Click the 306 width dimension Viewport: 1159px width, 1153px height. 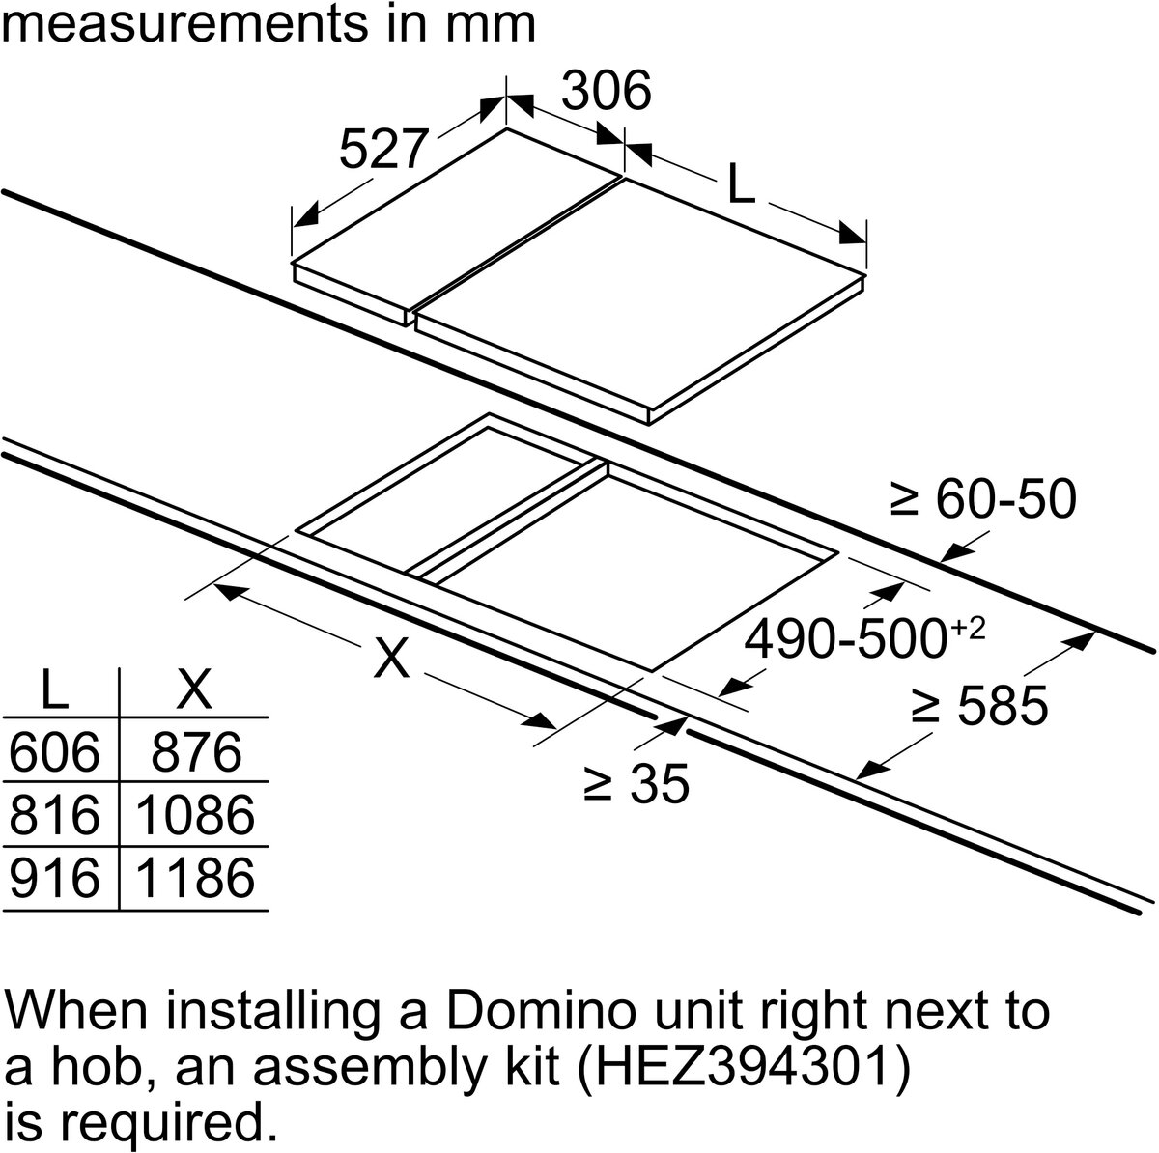point(607,91)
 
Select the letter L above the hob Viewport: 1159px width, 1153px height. point(741,183)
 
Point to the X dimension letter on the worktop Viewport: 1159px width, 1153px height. point(391,657)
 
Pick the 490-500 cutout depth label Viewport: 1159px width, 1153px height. point(864,637)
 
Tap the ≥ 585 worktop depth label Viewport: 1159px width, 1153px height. point(979,705)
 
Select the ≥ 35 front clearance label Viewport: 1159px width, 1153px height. point(636,784)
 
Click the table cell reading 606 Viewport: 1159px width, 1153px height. point(55,752)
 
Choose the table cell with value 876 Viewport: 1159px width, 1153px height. point(196,752)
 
